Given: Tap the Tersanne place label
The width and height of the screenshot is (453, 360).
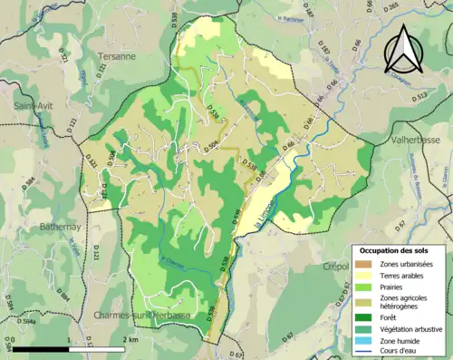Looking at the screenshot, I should [x=117, y=55].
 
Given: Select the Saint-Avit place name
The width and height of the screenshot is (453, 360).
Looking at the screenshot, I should [x=33, y=105].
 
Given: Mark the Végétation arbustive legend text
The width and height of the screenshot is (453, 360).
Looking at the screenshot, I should [x=413, y=327].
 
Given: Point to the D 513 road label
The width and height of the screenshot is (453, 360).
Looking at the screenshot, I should [x=418, y=95].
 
